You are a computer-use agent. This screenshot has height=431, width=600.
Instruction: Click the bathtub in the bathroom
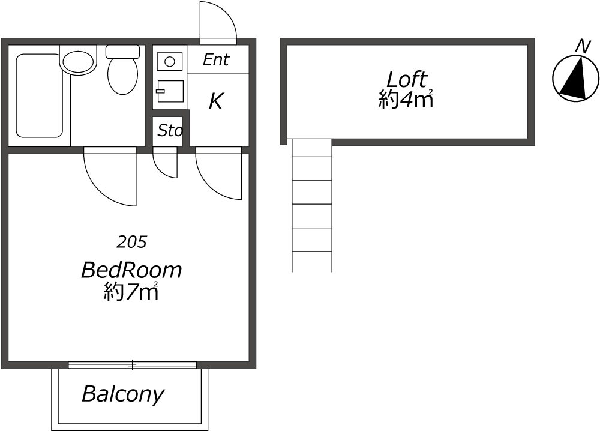click(39, 96)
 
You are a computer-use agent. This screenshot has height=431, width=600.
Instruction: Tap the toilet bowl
click(122, 74)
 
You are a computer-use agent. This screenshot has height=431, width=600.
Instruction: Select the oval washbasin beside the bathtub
click(79, 61)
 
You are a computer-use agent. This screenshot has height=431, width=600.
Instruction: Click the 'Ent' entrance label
click(216, 59)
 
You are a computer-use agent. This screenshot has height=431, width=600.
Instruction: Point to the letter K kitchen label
click(215, 101)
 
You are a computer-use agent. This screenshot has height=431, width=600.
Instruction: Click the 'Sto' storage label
click(170, 131)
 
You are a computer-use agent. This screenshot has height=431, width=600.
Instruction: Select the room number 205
click(132, 242)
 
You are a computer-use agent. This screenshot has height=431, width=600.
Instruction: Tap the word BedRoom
click(131, 270)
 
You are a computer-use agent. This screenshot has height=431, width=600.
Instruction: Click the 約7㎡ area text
click(131, 292)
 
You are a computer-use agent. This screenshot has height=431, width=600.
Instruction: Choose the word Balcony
click(122, 394)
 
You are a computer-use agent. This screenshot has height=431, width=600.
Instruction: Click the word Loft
click(406, 79)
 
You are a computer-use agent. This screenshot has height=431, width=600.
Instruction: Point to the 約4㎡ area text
click(406, 100)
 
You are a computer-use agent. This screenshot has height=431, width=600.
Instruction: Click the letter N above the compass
click(581, 46)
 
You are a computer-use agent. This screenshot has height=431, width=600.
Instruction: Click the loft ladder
click(311, 204)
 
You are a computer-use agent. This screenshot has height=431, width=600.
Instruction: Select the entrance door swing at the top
click(217, 23)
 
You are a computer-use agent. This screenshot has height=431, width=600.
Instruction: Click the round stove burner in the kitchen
click(170, 61)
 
